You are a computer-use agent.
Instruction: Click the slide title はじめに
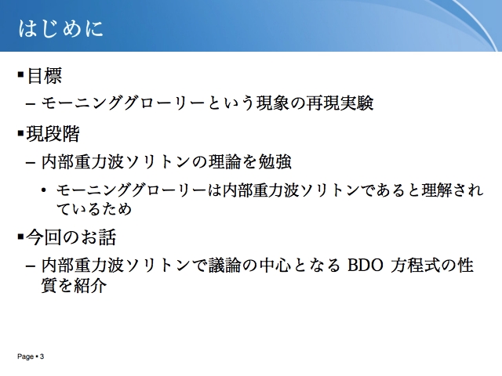pos(61,28)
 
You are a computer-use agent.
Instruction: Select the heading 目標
pos(44,76)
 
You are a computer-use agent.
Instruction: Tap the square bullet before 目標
pos(21,75)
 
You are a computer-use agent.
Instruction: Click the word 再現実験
pos(340,103)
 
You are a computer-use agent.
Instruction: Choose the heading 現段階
pos(53,134)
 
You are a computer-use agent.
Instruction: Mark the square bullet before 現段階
pos(21,133)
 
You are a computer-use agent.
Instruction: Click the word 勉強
pos(275,161)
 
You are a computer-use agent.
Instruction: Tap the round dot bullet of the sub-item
pos(44,190)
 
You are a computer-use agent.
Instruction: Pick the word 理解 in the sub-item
pos(436,190)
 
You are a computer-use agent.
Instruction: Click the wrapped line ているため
pos(94,209)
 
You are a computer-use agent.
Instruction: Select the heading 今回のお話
pos(71,237)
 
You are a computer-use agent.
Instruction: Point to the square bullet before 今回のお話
pos(21,237)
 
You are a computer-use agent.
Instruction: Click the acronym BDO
pos(366,266)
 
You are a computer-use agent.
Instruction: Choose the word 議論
pos(225,265)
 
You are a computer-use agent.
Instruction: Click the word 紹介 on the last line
pos(90,285)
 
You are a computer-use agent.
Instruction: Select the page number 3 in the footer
pos(42,356)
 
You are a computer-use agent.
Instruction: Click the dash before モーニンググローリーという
pos(31,104)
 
